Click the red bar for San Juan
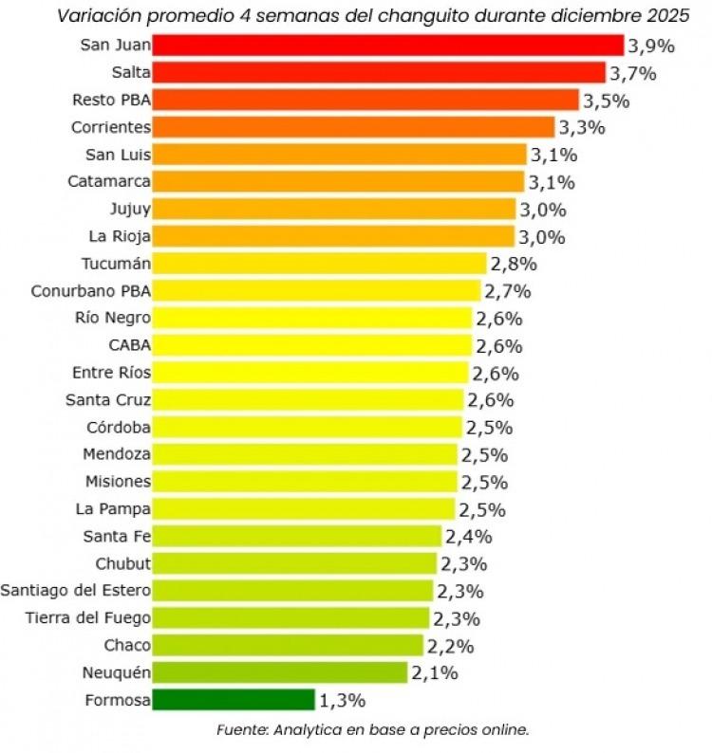[x=387, y=45]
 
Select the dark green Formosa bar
[x=233, y=700]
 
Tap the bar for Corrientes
[x=353, y=127]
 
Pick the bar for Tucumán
[x=320, y=263]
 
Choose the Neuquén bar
[x=279, y=672]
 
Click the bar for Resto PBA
[x=365, y=100]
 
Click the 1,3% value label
[x=342, y=701]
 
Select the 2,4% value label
[x=468, y=537]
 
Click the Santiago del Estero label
[x=75, y=591]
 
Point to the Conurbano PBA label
[x=90, y=290]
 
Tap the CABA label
[x=130, y=344]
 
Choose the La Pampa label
[x=112, y=508]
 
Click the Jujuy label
[x=130, y=209]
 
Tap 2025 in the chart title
[x=667, y=16]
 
